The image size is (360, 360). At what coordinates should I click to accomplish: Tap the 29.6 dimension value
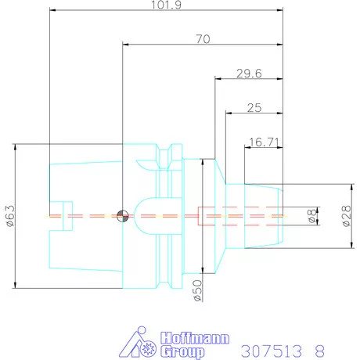(x=250, y=74)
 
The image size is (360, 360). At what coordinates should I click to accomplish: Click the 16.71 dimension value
(x=264, y=142)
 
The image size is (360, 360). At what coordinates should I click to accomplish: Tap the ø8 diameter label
(x=311, y=217)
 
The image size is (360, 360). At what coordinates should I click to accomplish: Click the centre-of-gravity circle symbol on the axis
(x=121, y=216)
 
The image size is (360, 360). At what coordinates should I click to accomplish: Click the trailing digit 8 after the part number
(x=319, y=347)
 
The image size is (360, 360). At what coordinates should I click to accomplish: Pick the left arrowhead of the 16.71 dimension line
(x=247, y=148)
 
